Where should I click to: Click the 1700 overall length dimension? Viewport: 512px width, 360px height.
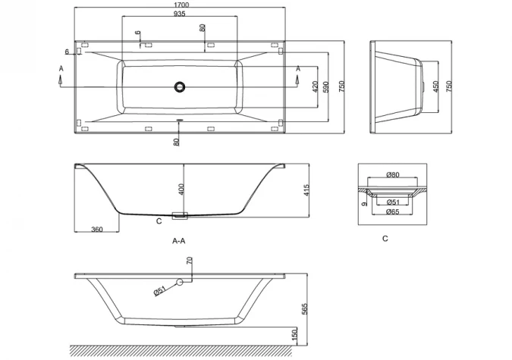(180, 5)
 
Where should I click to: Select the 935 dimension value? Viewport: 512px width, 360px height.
(180, 14)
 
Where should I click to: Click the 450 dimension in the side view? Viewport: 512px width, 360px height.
(435, 87)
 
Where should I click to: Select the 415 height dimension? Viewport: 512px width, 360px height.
(306, 189)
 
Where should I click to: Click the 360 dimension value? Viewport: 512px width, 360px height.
(97, 230)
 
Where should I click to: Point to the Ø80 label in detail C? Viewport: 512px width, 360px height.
(393, 176)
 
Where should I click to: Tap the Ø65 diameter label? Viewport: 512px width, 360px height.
(393, 211)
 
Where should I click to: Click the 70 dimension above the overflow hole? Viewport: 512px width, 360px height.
(190, 261)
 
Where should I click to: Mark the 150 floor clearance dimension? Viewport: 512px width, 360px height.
(295, 333)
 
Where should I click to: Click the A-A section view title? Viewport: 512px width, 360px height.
(180, 241)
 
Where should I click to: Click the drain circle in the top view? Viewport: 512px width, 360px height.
(180, 87)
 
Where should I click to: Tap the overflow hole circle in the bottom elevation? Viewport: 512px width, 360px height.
(181, 283)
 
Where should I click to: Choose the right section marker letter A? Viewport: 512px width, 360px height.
(298, 70)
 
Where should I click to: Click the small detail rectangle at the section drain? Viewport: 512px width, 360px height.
(180, 216)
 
